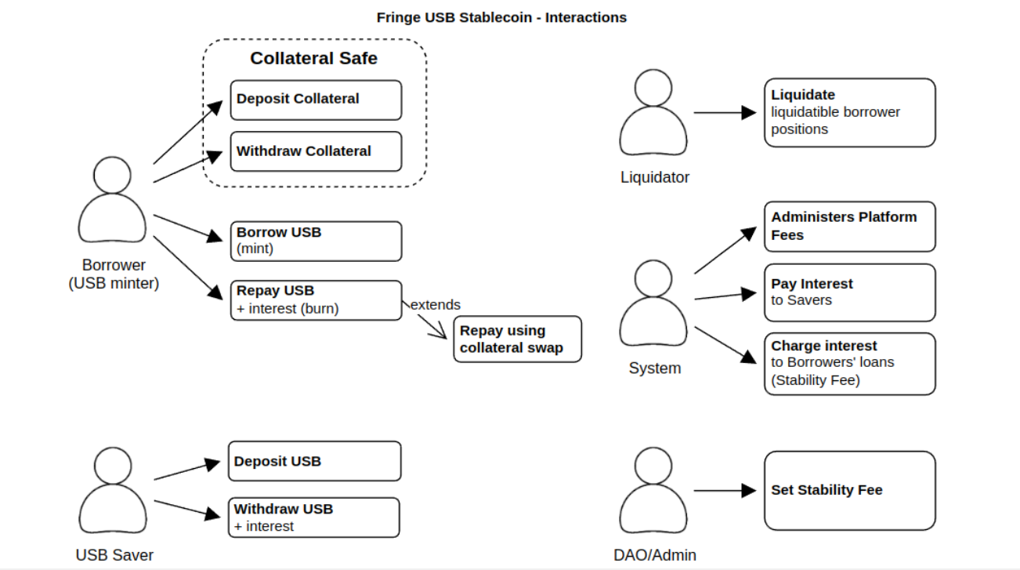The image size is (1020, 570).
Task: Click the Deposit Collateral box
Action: coord(315,100)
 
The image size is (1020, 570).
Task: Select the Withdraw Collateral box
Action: coord(315,151)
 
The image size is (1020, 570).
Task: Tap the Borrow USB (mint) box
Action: coord(315,241)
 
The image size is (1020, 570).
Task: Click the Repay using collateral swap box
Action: coord(517,339)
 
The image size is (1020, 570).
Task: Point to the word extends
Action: coord(436,304)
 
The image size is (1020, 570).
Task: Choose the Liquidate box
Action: coord(849,112)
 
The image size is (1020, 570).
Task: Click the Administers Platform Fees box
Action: coord(849,226)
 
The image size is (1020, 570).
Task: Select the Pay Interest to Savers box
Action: coord(849,292)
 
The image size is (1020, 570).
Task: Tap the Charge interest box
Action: coord(849,363)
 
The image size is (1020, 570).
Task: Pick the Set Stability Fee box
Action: coord(849,490)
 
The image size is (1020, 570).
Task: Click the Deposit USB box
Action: coord(314,461)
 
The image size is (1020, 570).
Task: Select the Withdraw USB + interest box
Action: coord(313,517)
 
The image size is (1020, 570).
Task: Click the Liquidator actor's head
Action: coord(653,88)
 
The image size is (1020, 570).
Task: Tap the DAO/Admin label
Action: coord(654,555)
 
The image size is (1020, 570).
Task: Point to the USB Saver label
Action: coord(114,555)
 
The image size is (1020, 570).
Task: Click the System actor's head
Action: coord(653,278)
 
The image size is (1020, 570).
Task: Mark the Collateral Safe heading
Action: coord(313,58)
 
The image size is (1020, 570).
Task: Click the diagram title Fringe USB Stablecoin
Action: coord(501,17)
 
